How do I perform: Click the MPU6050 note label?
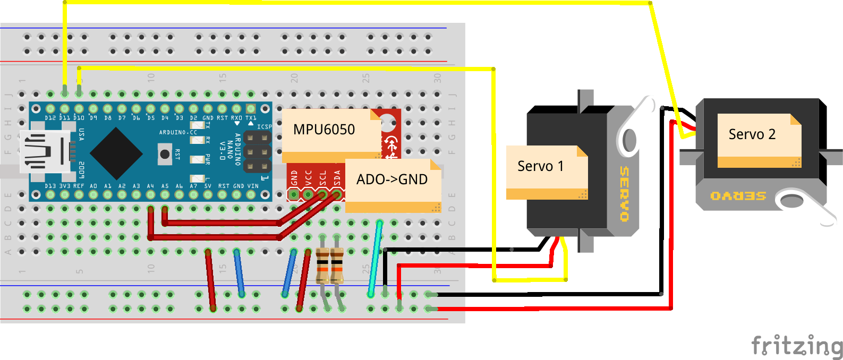324,130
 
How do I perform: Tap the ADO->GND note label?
392,179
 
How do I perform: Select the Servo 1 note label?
540,166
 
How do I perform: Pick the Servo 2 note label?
752,134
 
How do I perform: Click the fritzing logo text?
797,346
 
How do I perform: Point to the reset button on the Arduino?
165,155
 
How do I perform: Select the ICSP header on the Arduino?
257,152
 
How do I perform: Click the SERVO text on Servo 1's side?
624,194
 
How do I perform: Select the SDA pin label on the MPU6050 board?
337,177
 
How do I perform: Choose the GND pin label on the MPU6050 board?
294,178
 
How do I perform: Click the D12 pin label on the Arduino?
50,118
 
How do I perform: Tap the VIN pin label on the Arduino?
253,186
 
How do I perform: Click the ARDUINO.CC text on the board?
178,132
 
